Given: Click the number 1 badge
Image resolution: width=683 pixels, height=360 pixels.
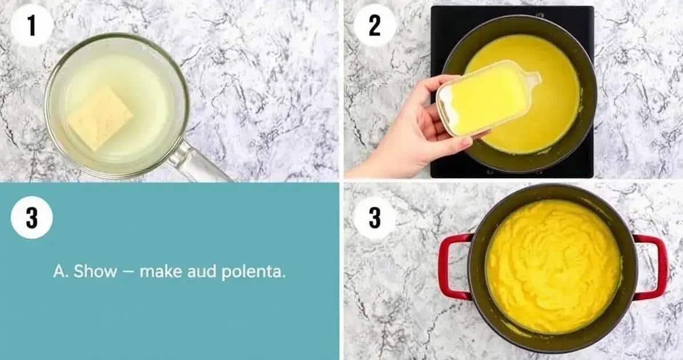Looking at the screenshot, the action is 31,25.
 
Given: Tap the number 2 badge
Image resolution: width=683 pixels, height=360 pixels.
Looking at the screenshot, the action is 375,25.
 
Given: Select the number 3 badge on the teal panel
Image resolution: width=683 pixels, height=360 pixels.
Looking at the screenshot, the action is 31,217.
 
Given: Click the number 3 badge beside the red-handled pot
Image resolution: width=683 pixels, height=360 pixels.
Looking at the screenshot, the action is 375,217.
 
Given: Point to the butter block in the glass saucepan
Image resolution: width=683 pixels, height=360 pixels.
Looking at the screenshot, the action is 100,118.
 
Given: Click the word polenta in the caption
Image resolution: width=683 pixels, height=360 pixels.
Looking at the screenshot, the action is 254,272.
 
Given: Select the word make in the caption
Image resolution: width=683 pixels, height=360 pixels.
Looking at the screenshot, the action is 160,271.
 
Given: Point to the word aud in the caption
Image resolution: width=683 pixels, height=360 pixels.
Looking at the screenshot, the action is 201,271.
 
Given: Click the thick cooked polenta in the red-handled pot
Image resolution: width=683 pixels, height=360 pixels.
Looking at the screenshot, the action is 553,266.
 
